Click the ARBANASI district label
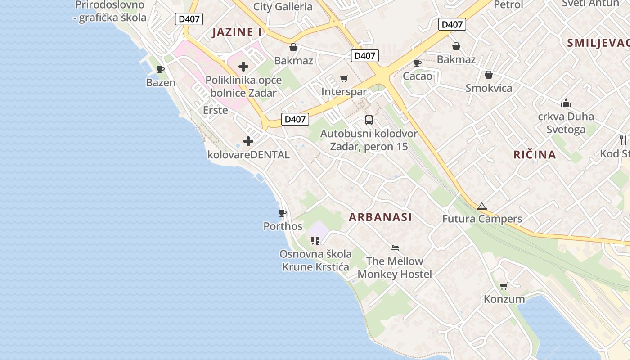tap(380, 217)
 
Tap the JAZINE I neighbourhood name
tap(237, 32)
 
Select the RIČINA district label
tap(535, 155)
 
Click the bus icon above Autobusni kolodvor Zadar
tap(369, 120)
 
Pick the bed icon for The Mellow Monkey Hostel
tap(395, 247)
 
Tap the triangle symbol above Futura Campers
tap(482, 207)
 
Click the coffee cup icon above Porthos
tap(283, 213)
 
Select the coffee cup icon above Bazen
tap(161, 69)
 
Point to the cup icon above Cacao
tap(417, 63)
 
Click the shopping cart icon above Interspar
tap(344, 79)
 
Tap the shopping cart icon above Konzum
tap(504, 286)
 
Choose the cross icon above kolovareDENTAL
tap(248, 141)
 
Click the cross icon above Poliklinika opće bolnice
tap(243, 67)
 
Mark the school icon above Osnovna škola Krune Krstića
tap(315, 241)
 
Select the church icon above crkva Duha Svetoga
tap(566, 103)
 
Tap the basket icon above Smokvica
tap(489, 75)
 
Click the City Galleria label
tap(283, 6)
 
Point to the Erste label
tap(216, 110)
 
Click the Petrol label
tap(508, 5)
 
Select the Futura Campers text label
tap(482, 219)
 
